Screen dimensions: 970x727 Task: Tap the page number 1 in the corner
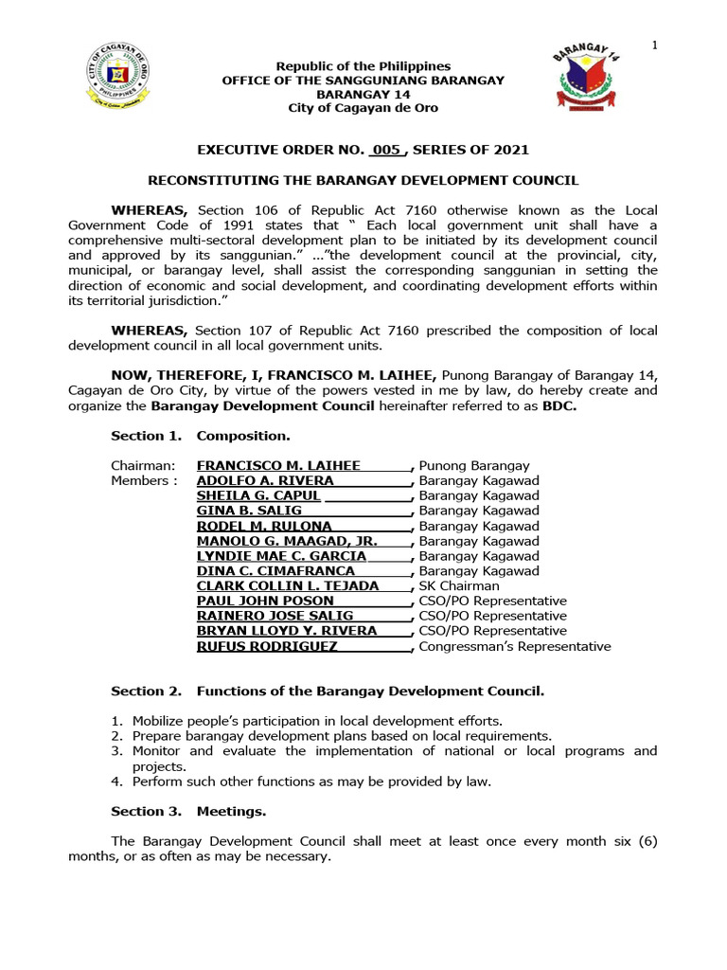pos(654,46)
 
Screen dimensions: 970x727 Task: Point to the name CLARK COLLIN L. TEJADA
pos(287,585)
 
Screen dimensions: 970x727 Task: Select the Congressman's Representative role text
pos(515,647)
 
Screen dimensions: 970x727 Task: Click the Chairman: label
pos(143,466)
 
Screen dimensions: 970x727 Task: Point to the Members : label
pos(144,481)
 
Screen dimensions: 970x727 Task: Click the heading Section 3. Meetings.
pos(188,812)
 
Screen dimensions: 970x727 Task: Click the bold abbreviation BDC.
pos(559,406)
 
